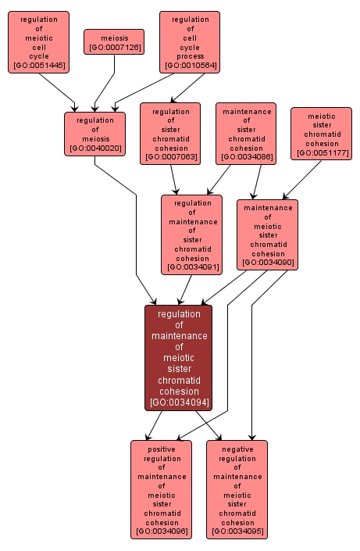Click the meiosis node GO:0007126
coord(114,42)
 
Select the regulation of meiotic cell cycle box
coord(38,42)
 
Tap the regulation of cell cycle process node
coord(190,42)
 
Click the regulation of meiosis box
coord(94,134)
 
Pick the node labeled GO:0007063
coord(170,134)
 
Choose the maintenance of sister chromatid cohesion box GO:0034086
coord(247,134)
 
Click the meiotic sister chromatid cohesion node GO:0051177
coord(322,134)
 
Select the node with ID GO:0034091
coord(192,234)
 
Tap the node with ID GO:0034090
coord(268,234)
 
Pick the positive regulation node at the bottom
coord(162,489)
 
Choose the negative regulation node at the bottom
coord(237,489)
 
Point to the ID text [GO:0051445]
coord(38,66)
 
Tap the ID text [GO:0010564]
coord(190,66)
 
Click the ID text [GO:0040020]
coord(94,148)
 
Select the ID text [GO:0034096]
coord(162,531)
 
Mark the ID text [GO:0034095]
coord(237,531)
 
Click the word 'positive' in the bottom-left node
coord(162,449)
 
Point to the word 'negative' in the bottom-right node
coord(237,449)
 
